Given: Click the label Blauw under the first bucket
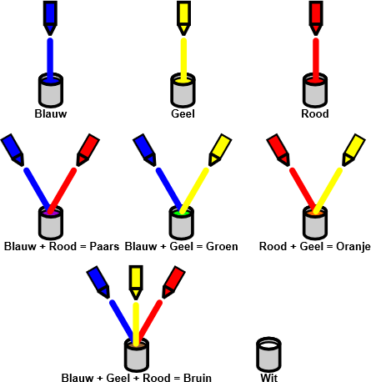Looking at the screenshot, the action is pos(51,113).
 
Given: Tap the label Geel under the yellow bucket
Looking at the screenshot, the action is pos(183,113).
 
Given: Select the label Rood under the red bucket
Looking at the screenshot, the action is pos(315,113).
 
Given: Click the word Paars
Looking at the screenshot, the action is pos(104,247).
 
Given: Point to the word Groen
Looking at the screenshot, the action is pos(222,247).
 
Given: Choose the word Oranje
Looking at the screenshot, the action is pos(353,247).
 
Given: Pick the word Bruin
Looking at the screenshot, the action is pos(198,378).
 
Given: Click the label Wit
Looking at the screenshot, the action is pos(268,378).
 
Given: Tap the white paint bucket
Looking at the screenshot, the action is pos(268,354).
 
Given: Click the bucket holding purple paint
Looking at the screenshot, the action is pos(51,223).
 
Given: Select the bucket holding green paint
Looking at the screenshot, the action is pos(182,223).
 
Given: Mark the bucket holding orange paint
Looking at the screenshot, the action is pos(315,223).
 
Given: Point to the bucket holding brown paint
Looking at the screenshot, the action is pos(136,354).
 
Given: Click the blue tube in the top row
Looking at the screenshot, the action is pos(50,18).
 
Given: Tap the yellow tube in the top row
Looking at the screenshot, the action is pos(183,18).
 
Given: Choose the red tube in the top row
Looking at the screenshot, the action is pos(316,18).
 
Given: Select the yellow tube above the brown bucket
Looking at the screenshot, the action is pos(136,282).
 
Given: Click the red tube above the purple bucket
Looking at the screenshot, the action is pos(88,150).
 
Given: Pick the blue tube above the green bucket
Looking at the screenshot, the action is pos(145,150).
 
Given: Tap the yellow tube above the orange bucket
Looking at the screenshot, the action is pos(353,150).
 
